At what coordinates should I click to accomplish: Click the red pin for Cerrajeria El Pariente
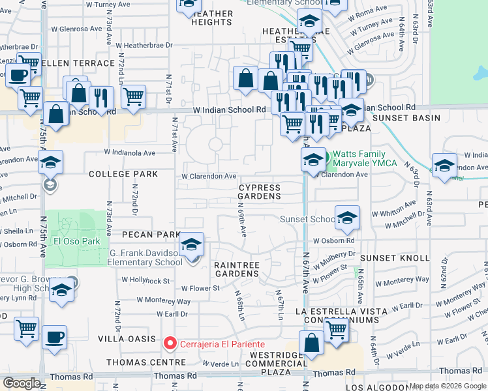coord(170,343)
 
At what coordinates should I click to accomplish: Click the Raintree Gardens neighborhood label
coord(237,270)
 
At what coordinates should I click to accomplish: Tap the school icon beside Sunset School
coord(347,219)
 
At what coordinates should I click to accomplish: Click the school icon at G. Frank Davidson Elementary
coord(191,246)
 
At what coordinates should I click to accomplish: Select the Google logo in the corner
coord(22,383)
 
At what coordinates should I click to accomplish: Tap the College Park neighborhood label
coord(123,175)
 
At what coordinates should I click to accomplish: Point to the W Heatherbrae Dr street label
coord(144,45)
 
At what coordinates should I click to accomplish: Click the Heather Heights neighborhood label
coord(212,18)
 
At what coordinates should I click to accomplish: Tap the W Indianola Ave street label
coord(130,152)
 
